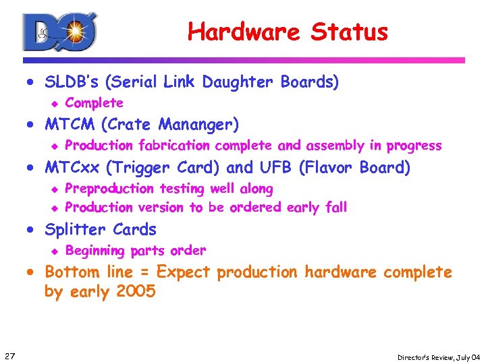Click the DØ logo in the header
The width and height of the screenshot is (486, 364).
pyautogui.click(x=60, y=32)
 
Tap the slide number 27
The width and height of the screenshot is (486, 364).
pyautogui.click(x=9, y=355)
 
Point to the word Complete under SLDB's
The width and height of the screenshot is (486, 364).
pyautogui.click(x=94, y=103)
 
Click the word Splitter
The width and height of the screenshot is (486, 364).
pyautogui.click(x=71, y=229)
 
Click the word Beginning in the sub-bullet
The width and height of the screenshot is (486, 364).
pyautogui.click(x=95, y=251)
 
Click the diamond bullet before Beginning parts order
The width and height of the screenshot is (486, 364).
pyautogui.click(x=57, y=251)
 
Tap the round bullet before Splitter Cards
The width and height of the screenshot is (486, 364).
pyautogui.click(x=31, y=230)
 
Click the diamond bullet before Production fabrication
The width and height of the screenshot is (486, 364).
pyautogui.click(x=57, y=146)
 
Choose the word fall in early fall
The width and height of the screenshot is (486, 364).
pyautogui.click(x=335, y=207)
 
